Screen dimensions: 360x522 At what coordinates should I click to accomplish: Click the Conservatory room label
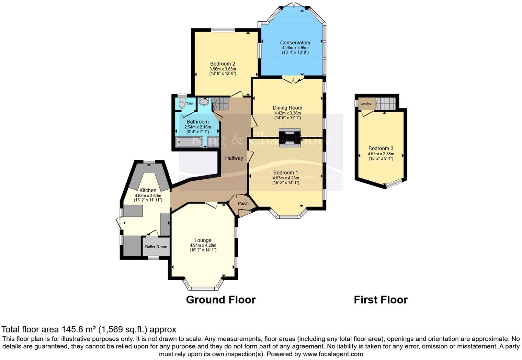click(x=295, y=43)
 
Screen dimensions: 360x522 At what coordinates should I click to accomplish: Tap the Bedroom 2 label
click(x=223, y=64)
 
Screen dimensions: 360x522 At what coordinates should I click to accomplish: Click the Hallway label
click(x=234, y=158)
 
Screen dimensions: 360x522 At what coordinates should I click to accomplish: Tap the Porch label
click(x=243, y=203)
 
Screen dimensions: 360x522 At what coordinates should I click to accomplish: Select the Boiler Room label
click(x=156, y=247)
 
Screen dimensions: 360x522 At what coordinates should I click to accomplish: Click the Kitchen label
click(x=148, y=190)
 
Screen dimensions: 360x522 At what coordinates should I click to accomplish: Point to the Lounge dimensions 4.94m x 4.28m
click(x=203, y=245)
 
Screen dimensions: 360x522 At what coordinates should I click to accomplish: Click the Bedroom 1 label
click(x=286, y=172)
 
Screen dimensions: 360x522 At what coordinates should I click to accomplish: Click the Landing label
click(x=366, y=103)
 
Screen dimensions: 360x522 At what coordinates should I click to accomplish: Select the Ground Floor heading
click(x=220, y=300)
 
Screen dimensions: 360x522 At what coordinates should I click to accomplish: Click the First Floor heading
click(x=381, y=300)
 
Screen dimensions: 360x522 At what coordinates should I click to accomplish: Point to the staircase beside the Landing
click(x=386, y=102)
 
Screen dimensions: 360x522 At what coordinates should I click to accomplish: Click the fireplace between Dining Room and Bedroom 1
click(x=290, y=138)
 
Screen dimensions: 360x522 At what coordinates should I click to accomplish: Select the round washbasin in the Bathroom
click(x=204, y=102)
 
